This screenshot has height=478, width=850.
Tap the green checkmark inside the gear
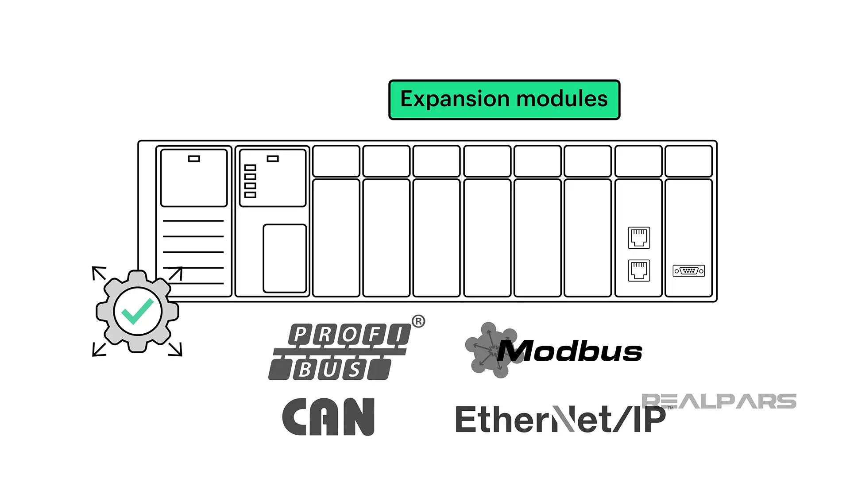pyautogui.click(x=137, y=311)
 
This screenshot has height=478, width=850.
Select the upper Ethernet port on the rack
pyautogui.click(x=639, y=238)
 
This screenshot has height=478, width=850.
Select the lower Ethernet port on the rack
pyautogui.click(x=639, y=270)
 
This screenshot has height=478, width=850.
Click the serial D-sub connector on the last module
pyautogui.click(x=688, y=271)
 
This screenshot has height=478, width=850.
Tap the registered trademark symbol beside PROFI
pyautogui.click(x=418, y=321)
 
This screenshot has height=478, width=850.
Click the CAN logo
pyautogui.click(x=328, y=416)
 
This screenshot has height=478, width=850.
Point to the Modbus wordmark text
pyautogui.click(x=571, y=352)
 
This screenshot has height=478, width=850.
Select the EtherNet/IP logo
pyautogui.click(x=560, y=419)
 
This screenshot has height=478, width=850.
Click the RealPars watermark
pyautogui.click(x=719, y=401)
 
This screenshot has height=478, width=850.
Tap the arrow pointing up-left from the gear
pyautogui.click(x=98, y=273)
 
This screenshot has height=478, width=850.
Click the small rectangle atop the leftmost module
pyautogui.click(x=194, y=158)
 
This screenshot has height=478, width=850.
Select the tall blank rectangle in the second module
pyautogui.click(x=285, y=258)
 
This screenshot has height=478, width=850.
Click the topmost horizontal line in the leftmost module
pyautogui.click(x=193, y=220)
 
